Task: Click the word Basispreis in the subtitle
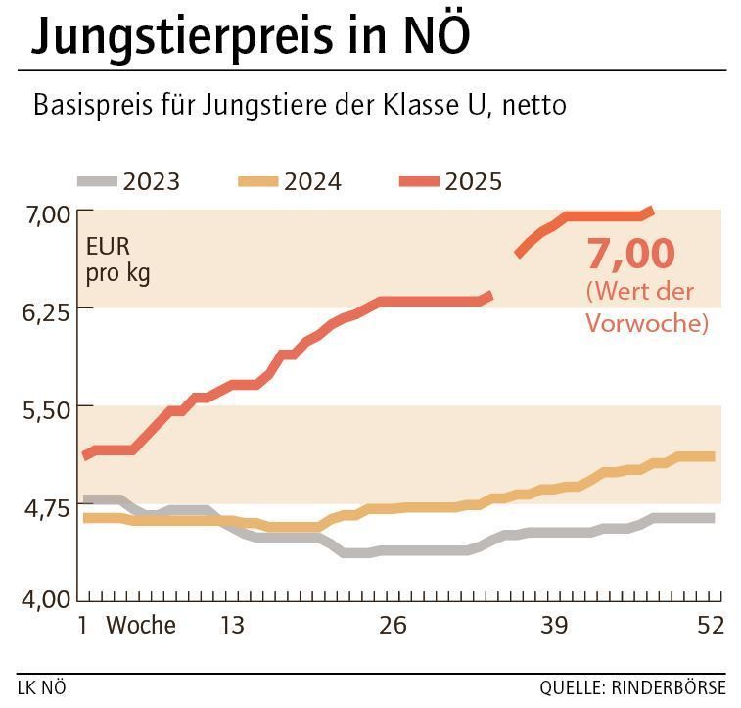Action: tap(90, 106)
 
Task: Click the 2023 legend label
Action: tap(152, 181)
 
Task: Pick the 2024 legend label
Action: tap(312, 181)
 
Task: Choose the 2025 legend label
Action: tap(473, 181)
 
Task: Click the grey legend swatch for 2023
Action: tap(97, 181)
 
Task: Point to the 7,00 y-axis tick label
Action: tap(43, 213)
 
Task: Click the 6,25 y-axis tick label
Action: tap(43, 310)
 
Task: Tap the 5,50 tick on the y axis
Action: tap(43, 407)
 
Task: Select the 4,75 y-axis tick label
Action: tap(43, 505)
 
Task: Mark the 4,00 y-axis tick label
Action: tap(43, 599)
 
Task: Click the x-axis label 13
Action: tap(231, 625)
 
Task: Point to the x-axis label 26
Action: tap(393, 625)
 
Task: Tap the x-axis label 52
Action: tap(710, 625)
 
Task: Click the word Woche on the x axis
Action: tap(141, 625)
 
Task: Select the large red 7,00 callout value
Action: tap(630, 254)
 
